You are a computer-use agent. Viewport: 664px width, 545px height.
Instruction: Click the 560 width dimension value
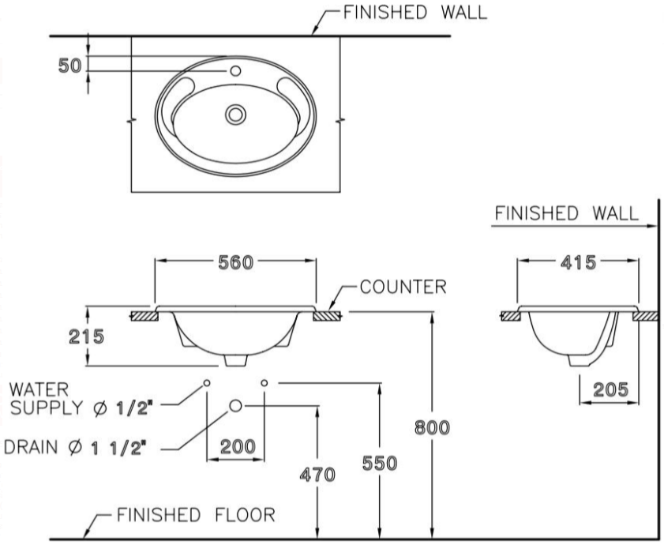236,264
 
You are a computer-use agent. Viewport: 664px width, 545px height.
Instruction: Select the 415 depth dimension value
578,264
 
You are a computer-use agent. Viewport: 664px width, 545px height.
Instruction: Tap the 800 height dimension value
433,427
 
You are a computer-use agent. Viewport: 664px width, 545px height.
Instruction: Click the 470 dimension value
317,475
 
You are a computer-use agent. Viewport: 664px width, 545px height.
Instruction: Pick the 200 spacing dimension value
237,446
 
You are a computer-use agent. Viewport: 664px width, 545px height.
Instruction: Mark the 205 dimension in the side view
610,389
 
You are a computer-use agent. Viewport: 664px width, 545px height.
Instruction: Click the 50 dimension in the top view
69,66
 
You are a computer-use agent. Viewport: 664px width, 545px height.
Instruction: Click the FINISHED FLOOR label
196,516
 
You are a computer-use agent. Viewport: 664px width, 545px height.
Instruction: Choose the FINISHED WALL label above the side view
565,213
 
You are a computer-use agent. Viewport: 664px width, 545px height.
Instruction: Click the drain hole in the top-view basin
234,115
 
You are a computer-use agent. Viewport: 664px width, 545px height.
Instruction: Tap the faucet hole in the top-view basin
234,71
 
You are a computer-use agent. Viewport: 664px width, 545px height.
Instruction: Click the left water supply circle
206,382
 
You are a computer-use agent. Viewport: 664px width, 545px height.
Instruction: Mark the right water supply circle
264,382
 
